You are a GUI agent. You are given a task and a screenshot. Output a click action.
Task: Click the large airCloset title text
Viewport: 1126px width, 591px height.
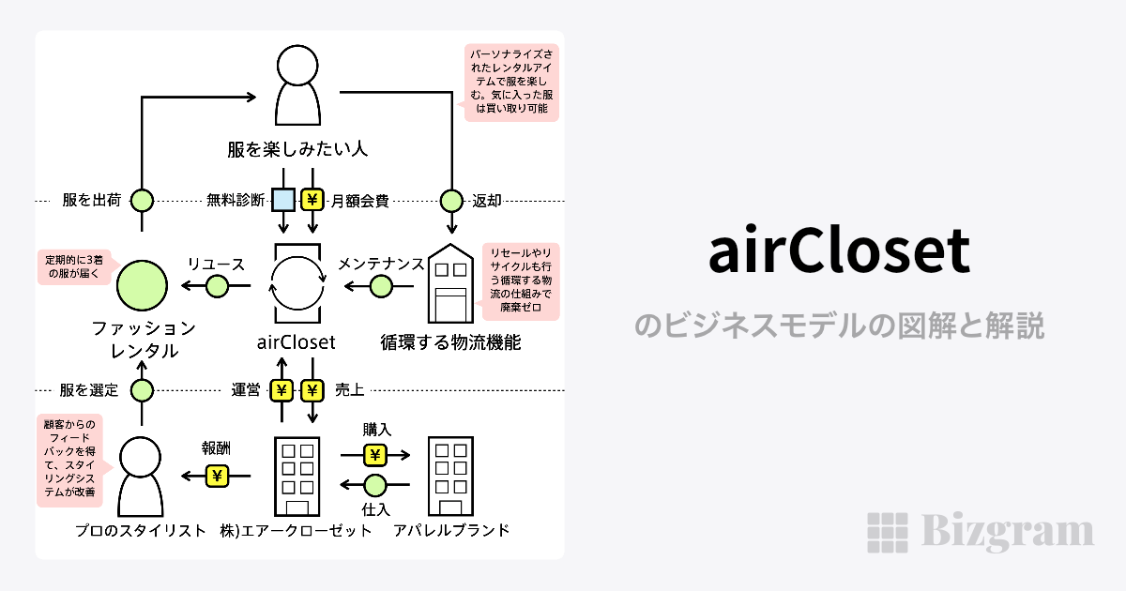(839, 251)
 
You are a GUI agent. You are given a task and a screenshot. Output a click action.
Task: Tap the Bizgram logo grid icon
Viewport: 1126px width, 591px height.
(886, 533)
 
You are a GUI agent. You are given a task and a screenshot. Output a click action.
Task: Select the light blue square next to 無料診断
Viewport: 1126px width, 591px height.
(283, 200)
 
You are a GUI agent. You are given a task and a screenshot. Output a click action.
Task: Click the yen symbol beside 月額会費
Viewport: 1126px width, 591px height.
(312, 200)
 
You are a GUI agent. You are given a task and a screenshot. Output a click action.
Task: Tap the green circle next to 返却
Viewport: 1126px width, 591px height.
(452, 200)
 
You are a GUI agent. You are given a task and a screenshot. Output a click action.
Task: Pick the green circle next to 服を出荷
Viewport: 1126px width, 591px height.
(142, 200)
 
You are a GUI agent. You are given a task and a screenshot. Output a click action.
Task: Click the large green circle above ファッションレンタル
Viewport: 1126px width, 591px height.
(142, 285)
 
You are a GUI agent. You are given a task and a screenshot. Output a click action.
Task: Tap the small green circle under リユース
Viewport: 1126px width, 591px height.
(217, 285)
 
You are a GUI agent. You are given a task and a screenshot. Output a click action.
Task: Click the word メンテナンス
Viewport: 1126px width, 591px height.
(381, 264)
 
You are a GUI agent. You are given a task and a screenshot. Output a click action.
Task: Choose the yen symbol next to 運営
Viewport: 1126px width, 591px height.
(281, 390)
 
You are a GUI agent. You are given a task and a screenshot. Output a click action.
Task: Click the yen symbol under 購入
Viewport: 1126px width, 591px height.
(375, 456)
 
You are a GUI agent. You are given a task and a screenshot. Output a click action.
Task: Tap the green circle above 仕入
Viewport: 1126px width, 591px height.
(375, 485)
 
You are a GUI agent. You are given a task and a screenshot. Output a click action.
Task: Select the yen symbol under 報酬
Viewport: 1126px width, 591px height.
(218, 477)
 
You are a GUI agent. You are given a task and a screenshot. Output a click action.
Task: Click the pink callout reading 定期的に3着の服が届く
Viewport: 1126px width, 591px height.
(71, 267)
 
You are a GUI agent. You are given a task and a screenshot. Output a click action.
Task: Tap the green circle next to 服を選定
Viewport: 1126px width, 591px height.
(142, 390)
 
